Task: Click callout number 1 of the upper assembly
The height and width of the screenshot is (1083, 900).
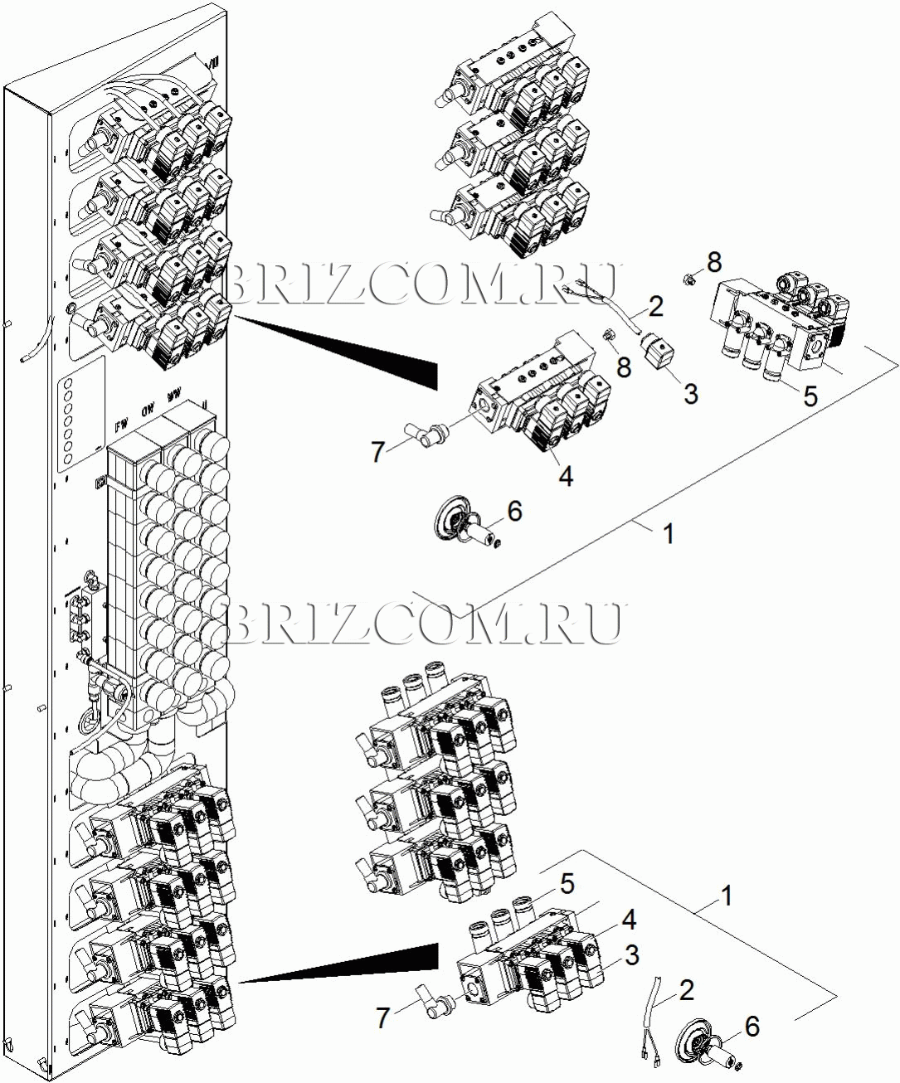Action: (x=669, y=534)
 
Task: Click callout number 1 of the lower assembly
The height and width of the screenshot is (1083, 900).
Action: (x=727, y=896)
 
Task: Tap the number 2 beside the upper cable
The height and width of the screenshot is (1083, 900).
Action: (x=656, y=308)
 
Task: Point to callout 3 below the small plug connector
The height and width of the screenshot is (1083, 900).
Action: (x=691, y=394)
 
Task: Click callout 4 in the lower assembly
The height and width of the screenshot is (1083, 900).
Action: (x=630, y=920)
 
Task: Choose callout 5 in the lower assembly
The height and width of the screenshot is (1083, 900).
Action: (x=567, y=884)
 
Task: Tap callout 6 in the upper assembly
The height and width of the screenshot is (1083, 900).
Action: (x=514, y=512)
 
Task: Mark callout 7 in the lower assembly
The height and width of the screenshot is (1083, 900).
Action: (x=382, y=1017)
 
